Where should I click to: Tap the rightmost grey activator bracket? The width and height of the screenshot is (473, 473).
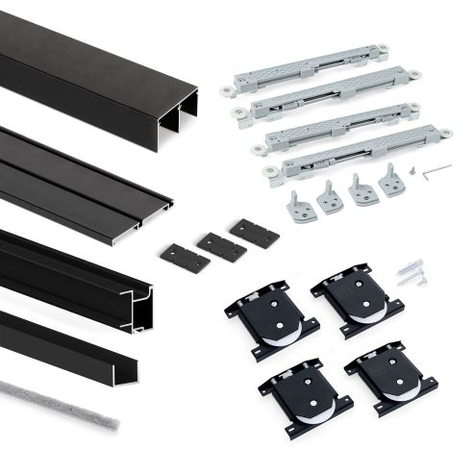392,180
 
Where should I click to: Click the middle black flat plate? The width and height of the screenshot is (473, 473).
220,243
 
